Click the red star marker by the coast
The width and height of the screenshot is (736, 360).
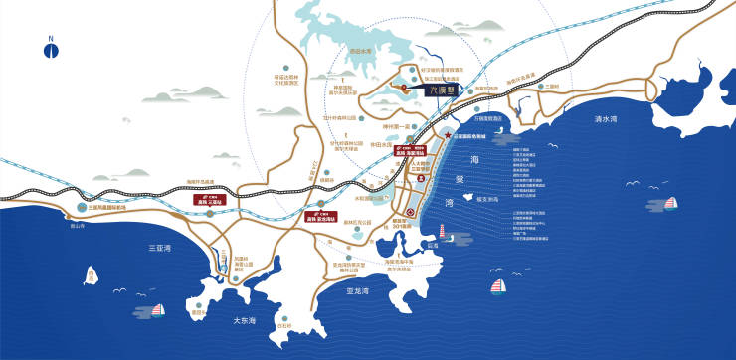(x=449, y=136)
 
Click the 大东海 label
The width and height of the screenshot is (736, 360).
(x=245, y=320)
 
